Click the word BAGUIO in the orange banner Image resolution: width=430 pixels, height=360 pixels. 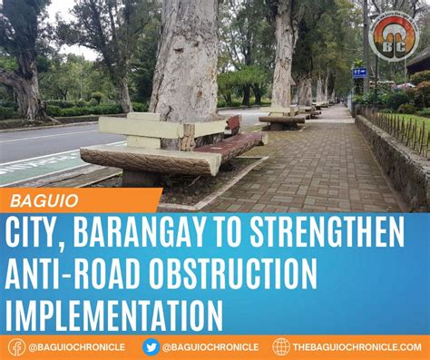pos(45,199)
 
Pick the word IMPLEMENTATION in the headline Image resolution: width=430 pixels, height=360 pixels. pos(113,316)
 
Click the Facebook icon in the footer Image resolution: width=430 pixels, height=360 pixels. pos(16,346)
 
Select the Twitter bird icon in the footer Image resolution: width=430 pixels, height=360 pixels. pos(151,346)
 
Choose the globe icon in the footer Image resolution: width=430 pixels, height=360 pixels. pos(281,346)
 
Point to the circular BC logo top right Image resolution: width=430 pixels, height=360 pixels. pos(396,34)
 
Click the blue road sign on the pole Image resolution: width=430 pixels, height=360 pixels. pos(359,73)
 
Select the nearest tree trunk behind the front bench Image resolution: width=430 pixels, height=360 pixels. pos(186,63)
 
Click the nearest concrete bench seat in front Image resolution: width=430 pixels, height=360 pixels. pos(150,159)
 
